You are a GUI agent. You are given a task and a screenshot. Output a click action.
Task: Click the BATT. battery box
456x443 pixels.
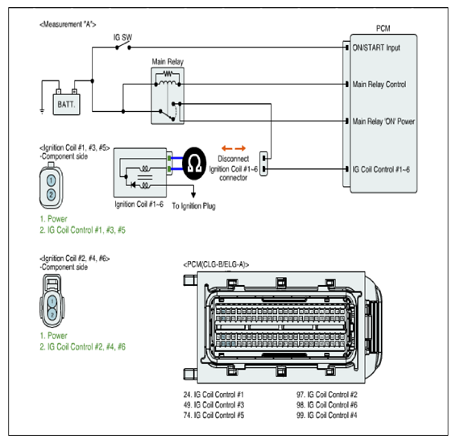[x=66, y=105]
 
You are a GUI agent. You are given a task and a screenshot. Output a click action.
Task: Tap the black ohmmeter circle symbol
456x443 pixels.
[x=194, y=164]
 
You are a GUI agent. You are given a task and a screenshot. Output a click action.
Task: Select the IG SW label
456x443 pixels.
[x=122, y=38]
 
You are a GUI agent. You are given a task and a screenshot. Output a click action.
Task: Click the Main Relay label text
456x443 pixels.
[x=168, y=62]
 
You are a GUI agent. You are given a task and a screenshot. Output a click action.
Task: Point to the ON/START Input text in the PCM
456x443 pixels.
[x=376, y=48]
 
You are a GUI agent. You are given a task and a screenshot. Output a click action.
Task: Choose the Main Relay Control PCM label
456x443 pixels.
[x=379, y=85]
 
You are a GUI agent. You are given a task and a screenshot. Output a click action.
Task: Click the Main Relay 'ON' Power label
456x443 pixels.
[x=383, y=122]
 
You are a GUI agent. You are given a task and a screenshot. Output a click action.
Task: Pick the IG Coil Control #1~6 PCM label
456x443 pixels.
[x=381, y=169]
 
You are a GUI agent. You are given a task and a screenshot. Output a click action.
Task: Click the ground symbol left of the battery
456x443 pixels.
[x=42, y=111]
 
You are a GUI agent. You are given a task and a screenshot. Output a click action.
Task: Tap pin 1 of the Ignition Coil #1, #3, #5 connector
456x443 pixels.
[x=52, y=180]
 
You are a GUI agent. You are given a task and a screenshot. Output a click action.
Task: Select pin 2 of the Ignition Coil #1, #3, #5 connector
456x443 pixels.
[x=52, y=194]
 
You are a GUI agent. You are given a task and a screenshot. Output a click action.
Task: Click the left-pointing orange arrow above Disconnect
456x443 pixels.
[x=227, y=148]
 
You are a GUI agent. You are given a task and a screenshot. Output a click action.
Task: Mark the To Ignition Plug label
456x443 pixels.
[x=193, y=206]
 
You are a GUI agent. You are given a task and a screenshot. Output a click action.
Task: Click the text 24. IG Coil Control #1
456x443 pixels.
[x=213, y=395]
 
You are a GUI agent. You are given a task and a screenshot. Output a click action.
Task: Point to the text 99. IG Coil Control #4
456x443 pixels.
[x=326, y=415]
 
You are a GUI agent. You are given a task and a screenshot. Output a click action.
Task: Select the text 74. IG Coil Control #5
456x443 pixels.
[x=213, y=415]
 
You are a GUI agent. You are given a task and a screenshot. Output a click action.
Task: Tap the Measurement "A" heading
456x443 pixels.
[x=68, y=24]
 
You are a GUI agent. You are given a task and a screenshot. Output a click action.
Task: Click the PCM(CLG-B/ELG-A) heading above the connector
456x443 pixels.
[x=216, y=264]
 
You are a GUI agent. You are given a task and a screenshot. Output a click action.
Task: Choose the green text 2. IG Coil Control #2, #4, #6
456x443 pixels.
[x=83, y=347]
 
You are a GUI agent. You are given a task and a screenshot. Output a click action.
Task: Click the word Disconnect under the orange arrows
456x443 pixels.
[x=234, y=159]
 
